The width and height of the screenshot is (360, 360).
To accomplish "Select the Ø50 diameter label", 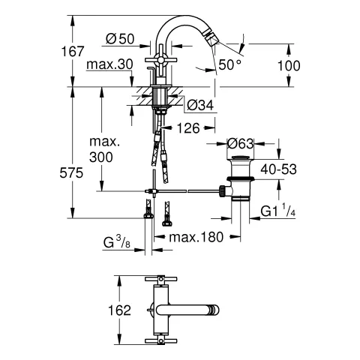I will tap(120, 38).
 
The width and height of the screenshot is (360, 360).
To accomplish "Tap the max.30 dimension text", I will tap(109, 66).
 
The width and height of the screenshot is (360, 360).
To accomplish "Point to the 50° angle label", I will tap(228, 66).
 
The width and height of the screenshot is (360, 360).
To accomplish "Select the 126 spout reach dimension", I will tap(187, 129).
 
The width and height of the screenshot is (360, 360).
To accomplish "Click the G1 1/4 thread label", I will tap(280, 211).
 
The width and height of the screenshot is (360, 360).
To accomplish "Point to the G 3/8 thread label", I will tap(118, 241).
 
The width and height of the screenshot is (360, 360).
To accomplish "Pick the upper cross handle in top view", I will tap(159, 280).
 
